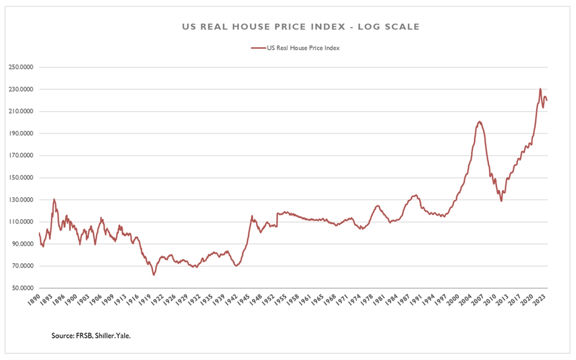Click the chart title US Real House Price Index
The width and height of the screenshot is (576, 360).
[300, 27]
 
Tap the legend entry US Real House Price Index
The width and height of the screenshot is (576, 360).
[303, 48]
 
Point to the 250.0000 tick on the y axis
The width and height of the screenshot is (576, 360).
[21, 67]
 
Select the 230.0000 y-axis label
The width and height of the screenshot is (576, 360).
[21, 89]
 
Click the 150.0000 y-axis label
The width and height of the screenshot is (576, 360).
[21, 178]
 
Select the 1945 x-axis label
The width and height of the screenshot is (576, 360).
[244, 300]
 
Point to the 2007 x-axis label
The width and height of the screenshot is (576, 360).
[477, 300]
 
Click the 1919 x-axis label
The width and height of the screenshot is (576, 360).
[145, 300]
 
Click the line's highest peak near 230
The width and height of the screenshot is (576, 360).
[540, 89]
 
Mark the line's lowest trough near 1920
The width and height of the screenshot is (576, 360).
[154, 275]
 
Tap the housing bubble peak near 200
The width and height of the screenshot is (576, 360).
[479, 122]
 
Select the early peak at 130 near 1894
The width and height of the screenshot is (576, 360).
[54, 199]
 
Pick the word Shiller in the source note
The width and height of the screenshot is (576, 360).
[105, 336]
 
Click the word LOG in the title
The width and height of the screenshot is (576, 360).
[369, 27]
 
